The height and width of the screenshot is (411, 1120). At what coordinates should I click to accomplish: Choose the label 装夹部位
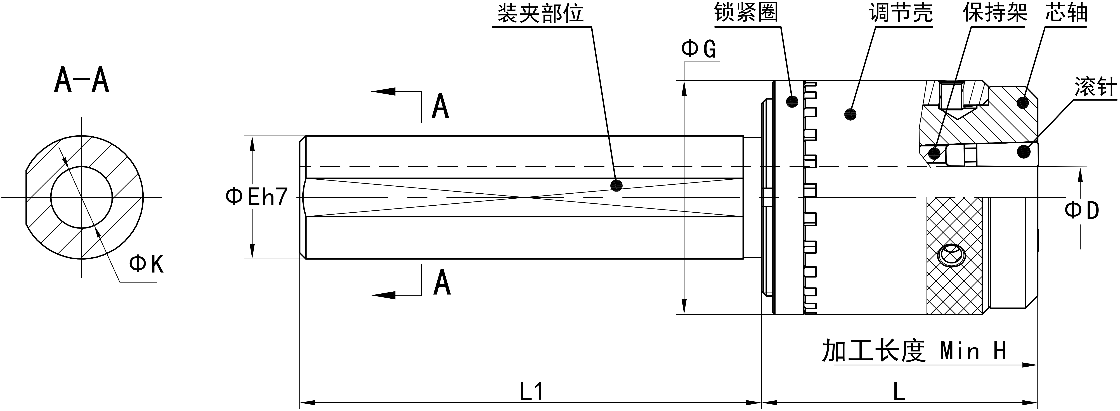(540, 14)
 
